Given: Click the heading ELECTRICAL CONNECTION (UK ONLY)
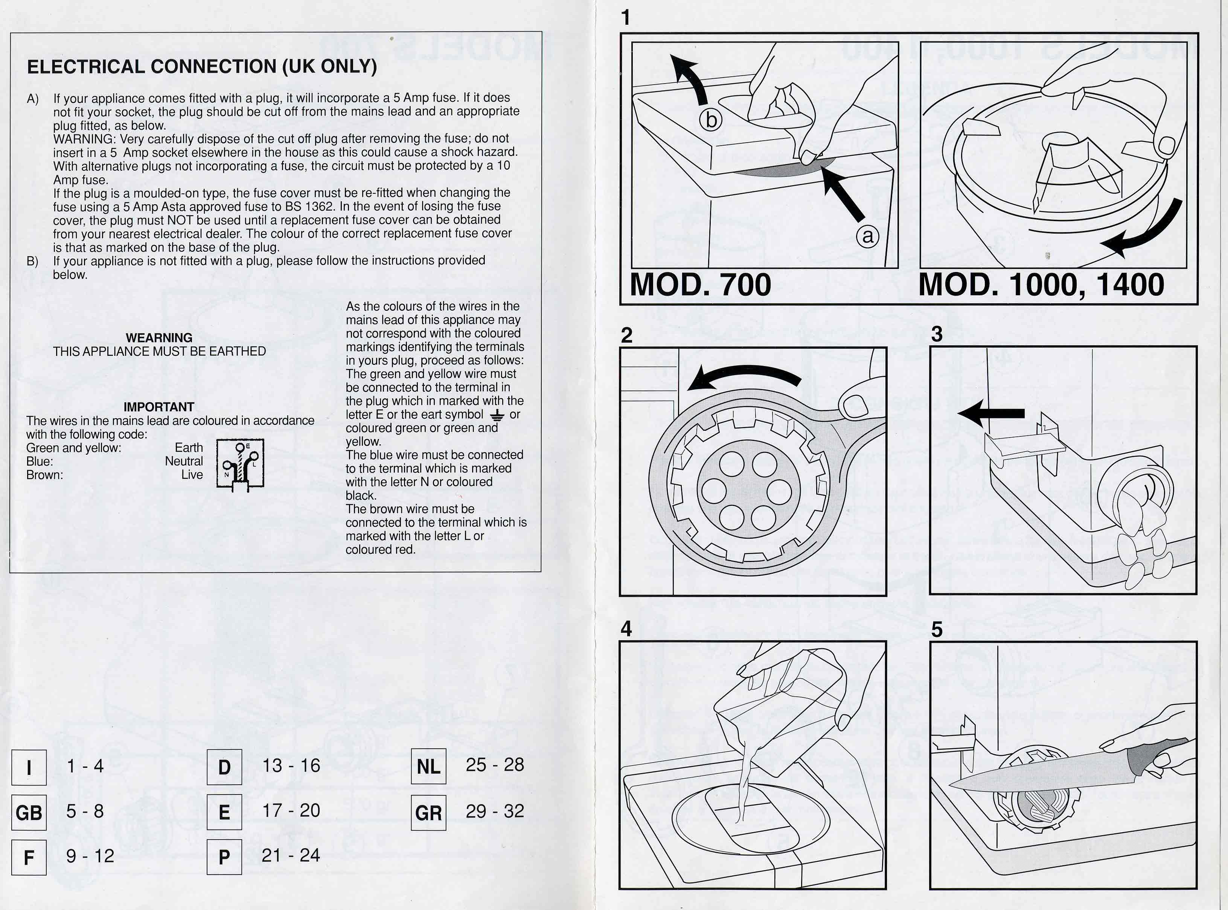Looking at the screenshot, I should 202,67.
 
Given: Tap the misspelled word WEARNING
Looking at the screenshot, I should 159,338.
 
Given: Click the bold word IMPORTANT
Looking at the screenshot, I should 159,407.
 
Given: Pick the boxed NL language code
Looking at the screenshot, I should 428,767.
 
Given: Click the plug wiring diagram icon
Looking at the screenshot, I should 240,464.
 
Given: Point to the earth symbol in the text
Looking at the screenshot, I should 497,415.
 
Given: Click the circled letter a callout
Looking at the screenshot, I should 867,236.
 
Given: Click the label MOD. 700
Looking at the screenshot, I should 700,285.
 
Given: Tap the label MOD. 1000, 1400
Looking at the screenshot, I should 1041,285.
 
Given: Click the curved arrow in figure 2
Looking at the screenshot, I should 744,377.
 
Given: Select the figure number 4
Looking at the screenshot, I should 626,629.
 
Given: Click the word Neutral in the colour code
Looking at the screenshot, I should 184,462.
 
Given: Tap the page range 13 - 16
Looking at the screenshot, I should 291,766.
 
